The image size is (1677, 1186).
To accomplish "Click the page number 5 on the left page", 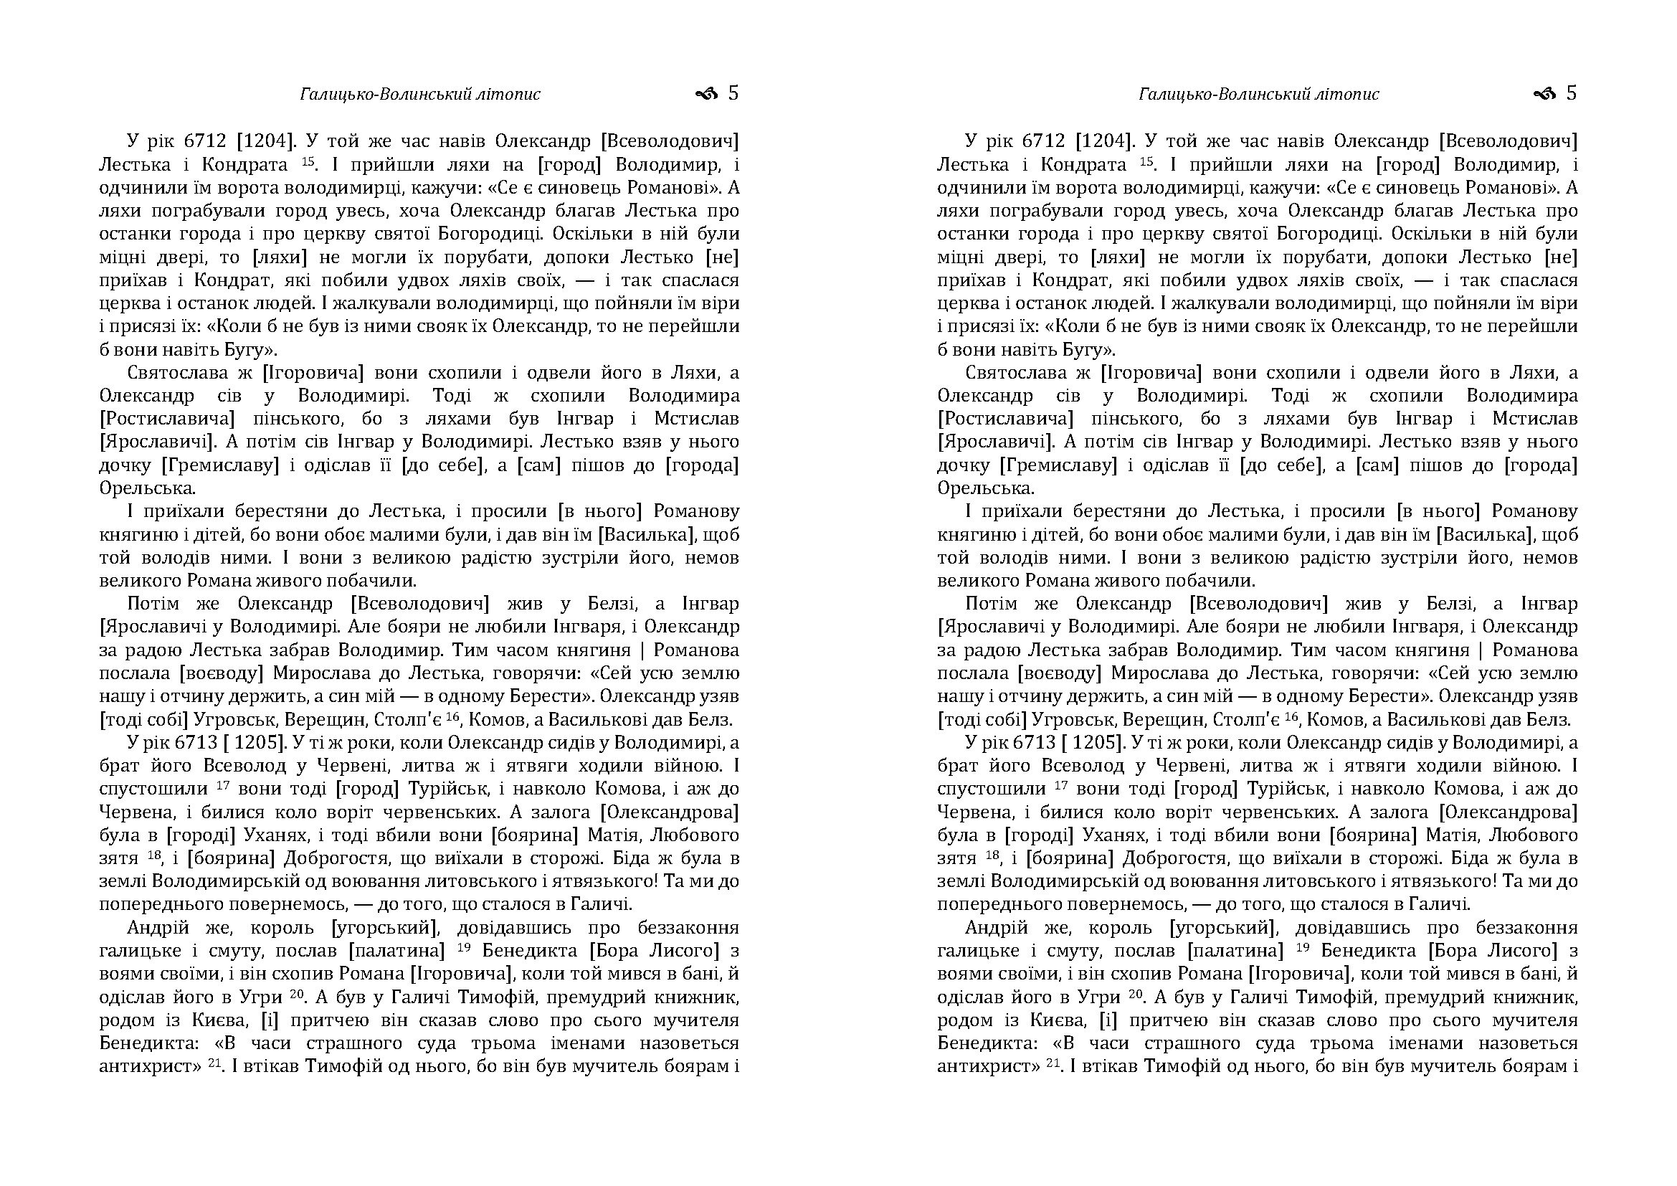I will [733, 93].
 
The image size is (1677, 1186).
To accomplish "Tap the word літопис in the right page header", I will [1351, 94].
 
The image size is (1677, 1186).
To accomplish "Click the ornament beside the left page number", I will [707, 93].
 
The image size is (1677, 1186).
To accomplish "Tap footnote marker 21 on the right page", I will [1053, 1063].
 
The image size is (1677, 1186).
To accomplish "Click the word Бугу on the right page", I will [1078, 349].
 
